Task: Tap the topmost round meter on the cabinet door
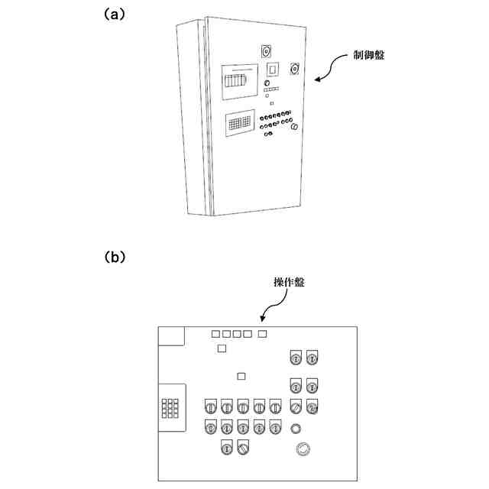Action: pos(266,51)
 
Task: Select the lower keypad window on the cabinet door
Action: pos(241,122)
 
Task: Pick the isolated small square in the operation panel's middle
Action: pos(241,375)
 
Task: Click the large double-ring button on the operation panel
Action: pos(303,449)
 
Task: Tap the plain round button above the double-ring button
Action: pos(296,427)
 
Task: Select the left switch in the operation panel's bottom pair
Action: pos(227,448)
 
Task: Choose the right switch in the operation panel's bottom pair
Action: pos(243,448)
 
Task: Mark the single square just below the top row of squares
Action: pos(222,348)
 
